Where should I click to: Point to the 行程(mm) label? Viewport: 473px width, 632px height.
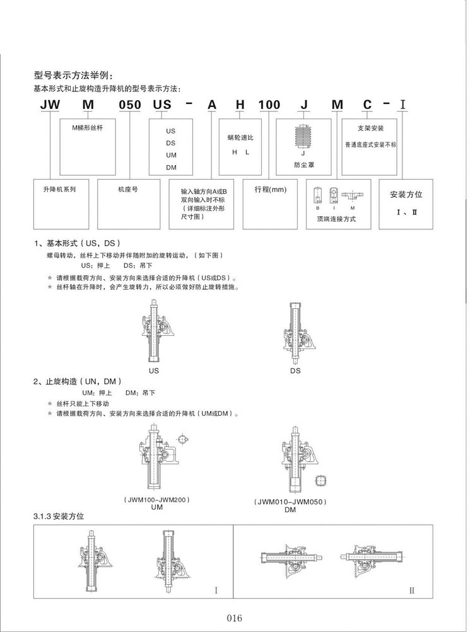coord(271,189)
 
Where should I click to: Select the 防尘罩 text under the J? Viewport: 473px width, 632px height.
coord(303,166)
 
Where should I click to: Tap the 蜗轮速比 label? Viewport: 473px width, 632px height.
coord(240,137)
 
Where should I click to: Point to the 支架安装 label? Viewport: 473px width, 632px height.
coord(370,128)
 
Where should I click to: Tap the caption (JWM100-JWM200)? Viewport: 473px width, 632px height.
coord(157,499)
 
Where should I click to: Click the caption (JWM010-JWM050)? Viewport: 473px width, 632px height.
coord(289,502)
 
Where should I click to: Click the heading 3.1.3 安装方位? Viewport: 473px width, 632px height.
coord(58,516)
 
